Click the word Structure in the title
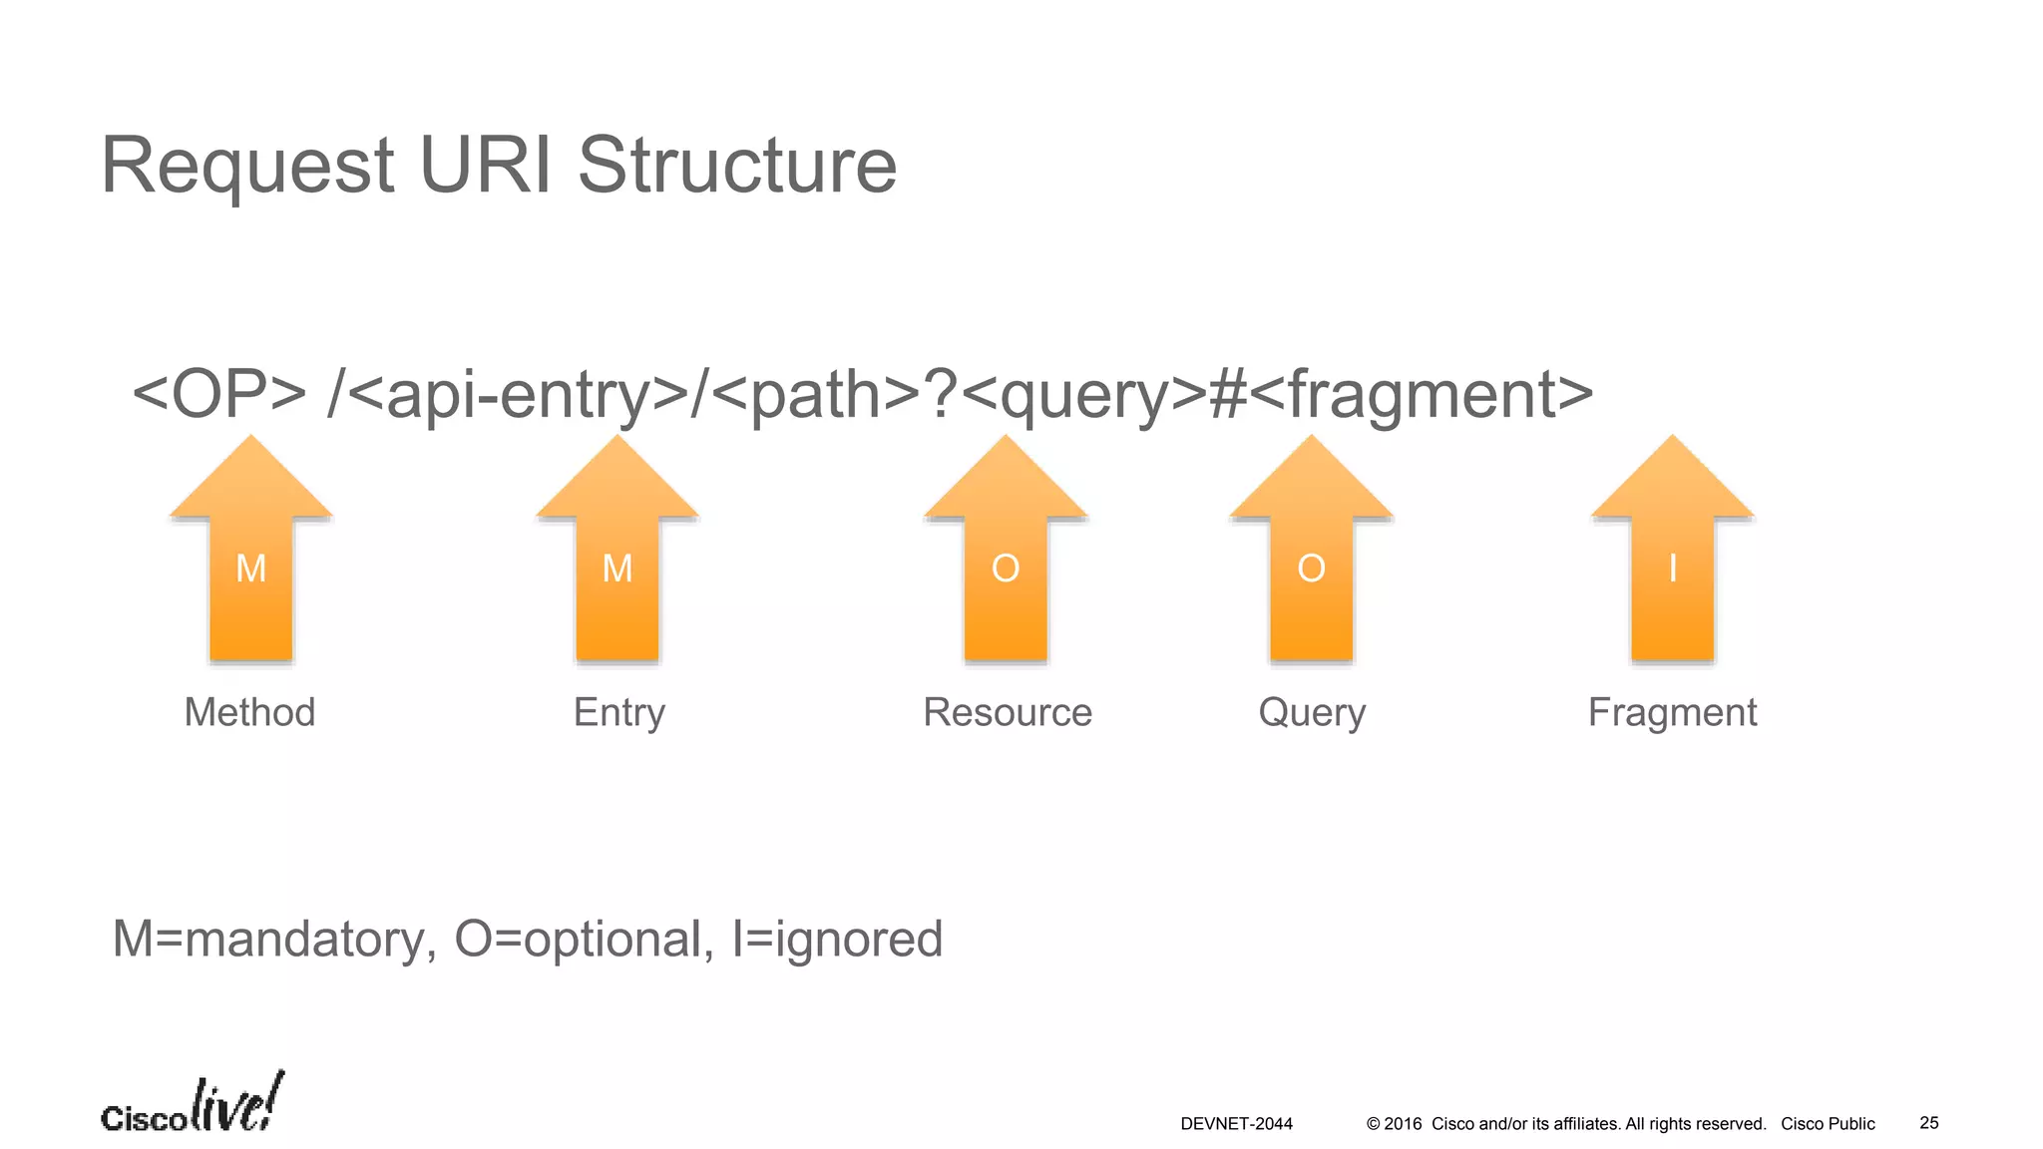tap(737, 166)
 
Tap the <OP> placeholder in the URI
tap(218, 395)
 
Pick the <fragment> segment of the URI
tap(1421, 395)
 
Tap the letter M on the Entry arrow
tap(617, 569)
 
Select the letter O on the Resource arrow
tap(1006, 569)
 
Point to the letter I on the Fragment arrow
tap(1672, 569)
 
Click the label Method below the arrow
tap(249, 712)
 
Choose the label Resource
tap(1008, 712)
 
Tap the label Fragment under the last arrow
tap(1672, 712)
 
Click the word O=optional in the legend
tap(584, 940)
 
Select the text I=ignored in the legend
tap(837, 940)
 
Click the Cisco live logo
tap(193, 1105)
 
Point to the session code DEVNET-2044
tap(1236, 1124)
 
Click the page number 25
tap(1929, 1123)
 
